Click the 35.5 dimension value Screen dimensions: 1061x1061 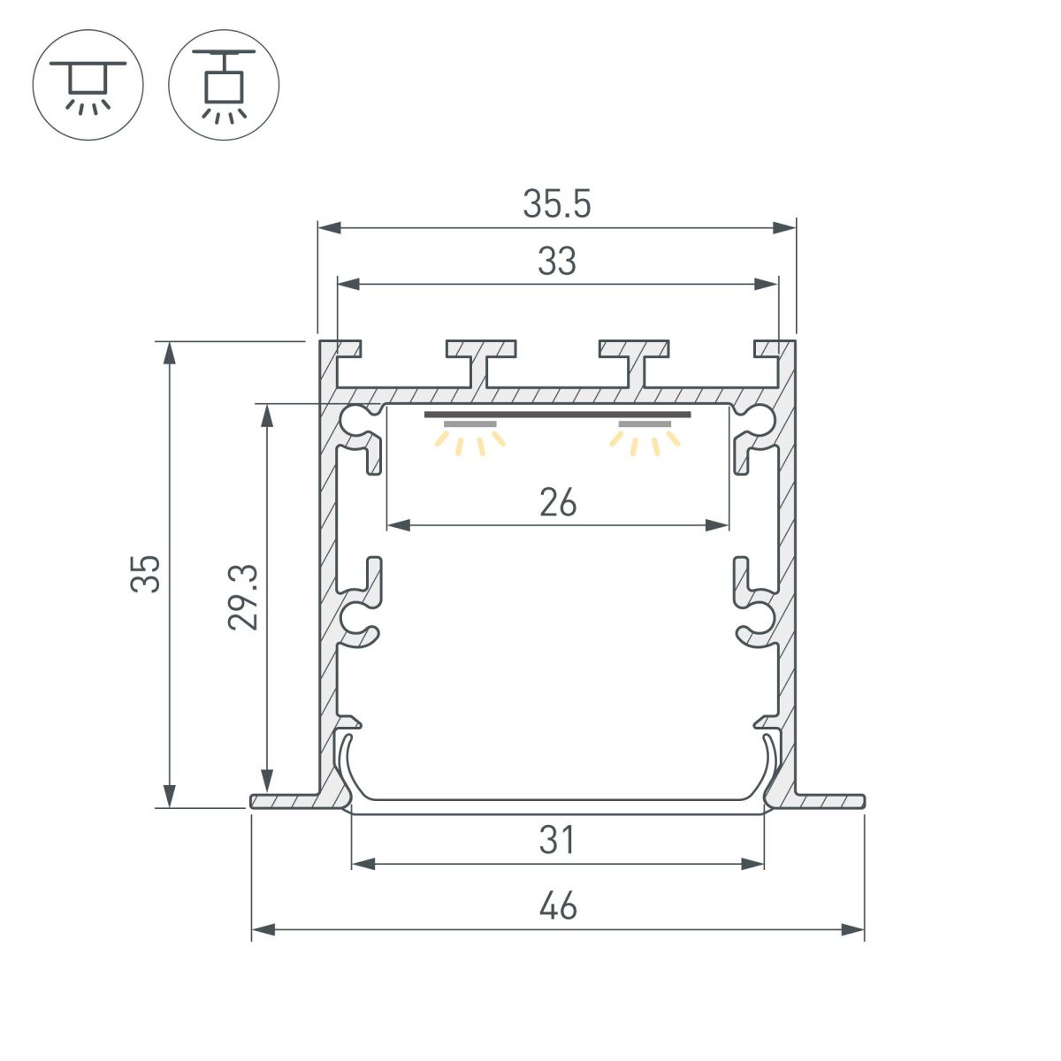(x=556, y=204)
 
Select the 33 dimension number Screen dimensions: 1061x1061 (x=557, y=262)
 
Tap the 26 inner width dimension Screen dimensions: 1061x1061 (x=558, y=503)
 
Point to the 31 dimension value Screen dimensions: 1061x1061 (x=558, y=840)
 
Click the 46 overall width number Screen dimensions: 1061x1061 (x=558, y=906)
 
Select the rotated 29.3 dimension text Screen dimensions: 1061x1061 (x=242, y=597)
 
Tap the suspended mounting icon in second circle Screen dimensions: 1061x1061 (x=224, y=86)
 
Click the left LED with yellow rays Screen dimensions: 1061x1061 (x=469, y=436)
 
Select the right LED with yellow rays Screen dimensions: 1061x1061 (x=645, y=436)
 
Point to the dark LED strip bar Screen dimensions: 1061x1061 (x=558, y=414)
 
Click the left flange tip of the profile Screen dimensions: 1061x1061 (x=256, y=801)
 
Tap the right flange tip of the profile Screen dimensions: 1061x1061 (x=859, y=801)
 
